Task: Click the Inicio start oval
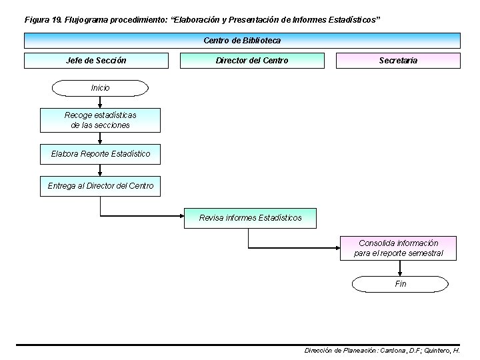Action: (100, 88)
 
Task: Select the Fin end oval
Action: (400, 284)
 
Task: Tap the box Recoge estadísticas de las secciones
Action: (100, 121)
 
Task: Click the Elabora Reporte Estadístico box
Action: (100, 154)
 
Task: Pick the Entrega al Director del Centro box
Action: (100, 186)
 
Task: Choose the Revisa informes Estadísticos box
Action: (250, 218)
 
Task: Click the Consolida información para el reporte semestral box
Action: (398, 248)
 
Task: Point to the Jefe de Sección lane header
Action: (96, 61)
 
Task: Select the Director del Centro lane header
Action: (252, 61)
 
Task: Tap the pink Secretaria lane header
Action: (398, 61)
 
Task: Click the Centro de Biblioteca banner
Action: (242, 41)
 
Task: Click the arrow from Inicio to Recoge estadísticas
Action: (100, 102)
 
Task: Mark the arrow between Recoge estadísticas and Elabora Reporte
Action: (100, 138)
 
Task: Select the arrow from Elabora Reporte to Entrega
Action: (100, 171)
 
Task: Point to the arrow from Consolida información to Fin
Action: (400, 268)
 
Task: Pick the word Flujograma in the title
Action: (87, 20)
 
